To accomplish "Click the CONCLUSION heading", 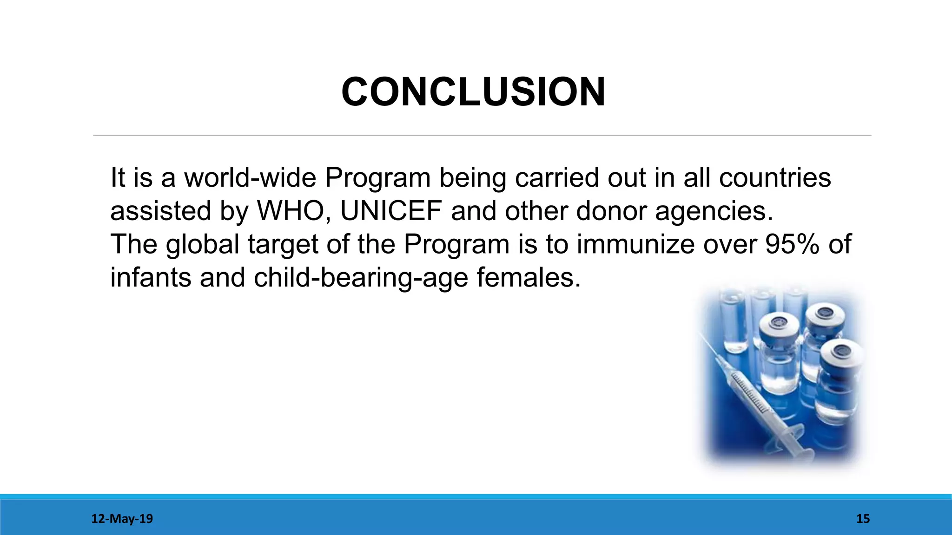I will [x=473, y=92].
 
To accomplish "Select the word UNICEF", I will [x=391, y=211].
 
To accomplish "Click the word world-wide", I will [x=251, y=178].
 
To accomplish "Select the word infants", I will [x=150, y=278].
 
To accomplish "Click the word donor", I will [x=611, y=211].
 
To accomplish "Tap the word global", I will [x=203, y=245].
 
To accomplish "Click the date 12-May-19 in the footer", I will [x=122, y=519].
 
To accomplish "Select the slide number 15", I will [x=863, y=519].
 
